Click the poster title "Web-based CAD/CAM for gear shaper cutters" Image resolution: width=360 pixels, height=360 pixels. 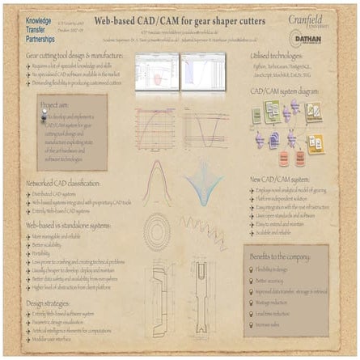coord(179,19)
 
